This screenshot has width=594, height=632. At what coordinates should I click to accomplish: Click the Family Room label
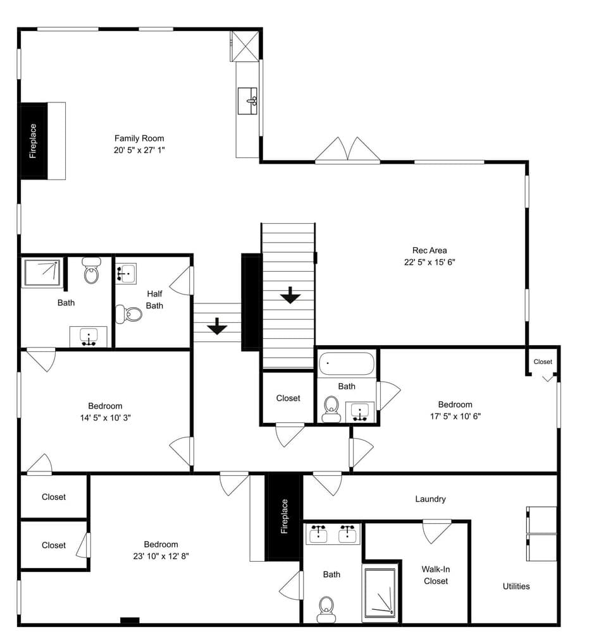[139, 138]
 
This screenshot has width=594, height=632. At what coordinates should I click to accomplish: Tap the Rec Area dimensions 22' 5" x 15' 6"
[430, 262]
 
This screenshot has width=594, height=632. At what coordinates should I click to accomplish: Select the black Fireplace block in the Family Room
[34, 141]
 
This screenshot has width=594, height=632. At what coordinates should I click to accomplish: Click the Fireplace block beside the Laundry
[285, 517]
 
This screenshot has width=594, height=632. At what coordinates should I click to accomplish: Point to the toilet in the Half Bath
[128, 314]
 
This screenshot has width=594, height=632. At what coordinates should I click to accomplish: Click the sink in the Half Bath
[126, 274]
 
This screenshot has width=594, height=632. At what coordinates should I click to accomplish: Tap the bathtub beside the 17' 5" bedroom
[347, 364]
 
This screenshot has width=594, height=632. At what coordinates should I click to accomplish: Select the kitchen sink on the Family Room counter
[247, 100]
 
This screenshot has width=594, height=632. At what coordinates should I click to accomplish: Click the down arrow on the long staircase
[290, 295]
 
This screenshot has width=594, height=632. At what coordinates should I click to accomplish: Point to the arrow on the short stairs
[217, 326]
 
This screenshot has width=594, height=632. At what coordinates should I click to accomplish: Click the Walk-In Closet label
[435, 575]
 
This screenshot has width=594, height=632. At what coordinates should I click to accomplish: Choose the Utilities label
[516, 586]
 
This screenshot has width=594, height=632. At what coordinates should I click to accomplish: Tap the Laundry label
[430, 499]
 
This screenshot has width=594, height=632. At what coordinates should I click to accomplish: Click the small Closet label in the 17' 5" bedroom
[543, 362]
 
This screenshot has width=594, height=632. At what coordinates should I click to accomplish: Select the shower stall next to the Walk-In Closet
[380, 593]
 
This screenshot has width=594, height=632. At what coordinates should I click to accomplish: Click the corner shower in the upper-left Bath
[42, 273]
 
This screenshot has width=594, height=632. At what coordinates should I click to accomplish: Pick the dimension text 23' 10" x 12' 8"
[161, 556]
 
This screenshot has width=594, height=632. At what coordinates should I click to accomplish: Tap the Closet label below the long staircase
[288, 398]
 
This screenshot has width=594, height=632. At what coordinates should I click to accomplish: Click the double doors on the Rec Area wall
[347, 150]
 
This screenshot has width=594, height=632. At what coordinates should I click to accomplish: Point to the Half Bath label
[154, 300]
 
